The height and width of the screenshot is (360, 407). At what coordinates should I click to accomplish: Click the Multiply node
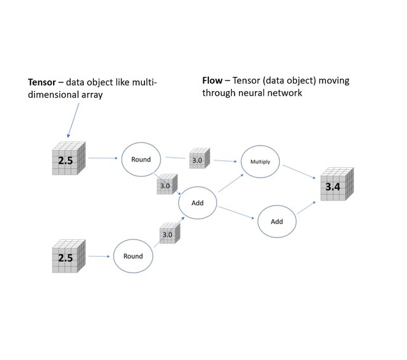[x=260, y=162]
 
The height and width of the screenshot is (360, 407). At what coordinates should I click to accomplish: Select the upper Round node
[x=141, y=159]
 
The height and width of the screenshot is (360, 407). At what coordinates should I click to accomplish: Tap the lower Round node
[x=133, y=257]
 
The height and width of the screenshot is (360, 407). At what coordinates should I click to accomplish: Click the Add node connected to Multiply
[x=197, y=202]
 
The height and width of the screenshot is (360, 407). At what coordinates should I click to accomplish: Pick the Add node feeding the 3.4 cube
[x=277, y=221]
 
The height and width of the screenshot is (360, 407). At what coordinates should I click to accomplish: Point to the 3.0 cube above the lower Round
[x=168, y=234]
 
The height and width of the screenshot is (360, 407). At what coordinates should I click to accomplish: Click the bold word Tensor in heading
[x=41, y=82]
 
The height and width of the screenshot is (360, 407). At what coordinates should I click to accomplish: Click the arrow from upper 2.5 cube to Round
[x=102, y=158]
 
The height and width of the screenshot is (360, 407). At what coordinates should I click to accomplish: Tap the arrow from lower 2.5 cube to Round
[x=100, y=257]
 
